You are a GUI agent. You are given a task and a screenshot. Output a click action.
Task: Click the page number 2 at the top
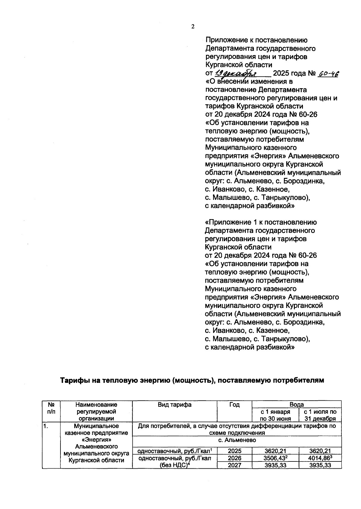[193, 26]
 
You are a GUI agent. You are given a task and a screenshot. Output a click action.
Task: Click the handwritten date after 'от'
[235, 73]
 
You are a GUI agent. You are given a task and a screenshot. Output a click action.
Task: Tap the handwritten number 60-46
[328, 73]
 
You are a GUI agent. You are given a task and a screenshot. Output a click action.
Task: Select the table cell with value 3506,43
[275, 458]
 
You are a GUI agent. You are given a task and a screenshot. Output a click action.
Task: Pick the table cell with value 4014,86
[320, 458]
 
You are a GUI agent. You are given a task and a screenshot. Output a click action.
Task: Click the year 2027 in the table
[234, 465]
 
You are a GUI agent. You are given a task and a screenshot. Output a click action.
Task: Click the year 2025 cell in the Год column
[234, 451]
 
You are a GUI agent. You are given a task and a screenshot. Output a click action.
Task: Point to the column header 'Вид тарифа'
[174, 405]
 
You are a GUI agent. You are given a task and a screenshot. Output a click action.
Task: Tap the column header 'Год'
[234, 405]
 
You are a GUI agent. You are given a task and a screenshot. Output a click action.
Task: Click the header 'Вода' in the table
[296, 405]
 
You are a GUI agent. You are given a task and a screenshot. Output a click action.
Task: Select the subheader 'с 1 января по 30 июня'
[275, 415]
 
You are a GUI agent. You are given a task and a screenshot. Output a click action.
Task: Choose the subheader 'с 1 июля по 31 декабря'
[320, 415]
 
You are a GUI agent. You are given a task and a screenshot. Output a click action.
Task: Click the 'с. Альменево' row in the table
[237, 440]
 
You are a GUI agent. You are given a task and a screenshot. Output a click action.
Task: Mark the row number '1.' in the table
[45, 426]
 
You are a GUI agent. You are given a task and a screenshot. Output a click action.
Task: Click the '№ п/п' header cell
[51, 408]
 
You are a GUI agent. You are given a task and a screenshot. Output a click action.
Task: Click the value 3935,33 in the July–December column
[320, 465]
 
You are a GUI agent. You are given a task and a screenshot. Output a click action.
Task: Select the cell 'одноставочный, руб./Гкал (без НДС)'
[174, 461]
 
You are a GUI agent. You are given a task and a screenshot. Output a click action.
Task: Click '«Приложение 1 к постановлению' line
[261, 222]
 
